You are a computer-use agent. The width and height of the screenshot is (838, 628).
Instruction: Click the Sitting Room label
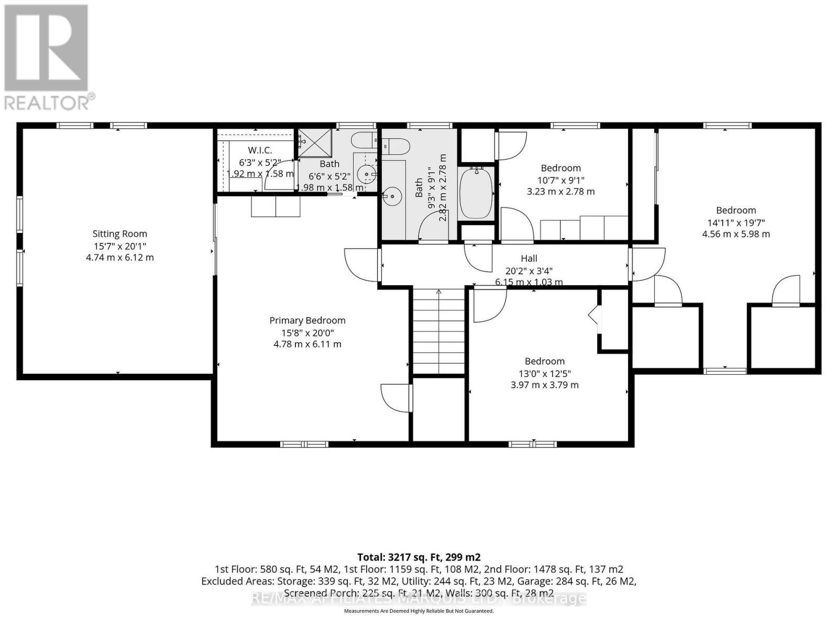point(119,234)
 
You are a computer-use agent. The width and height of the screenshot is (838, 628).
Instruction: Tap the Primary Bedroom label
point(307,320)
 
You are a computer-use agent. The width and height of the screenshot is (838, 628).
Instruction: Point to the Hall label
point(529,258)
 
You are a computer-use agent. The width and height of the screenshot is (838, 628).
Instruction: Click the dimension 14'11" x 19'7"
point(736,222)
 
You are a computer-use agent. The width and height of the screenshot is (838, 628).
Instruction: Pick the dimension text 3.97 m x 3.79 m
point(545,385)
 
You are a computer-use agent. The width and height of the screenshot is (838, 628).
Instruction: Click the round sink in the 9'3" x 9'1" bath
point(391,197)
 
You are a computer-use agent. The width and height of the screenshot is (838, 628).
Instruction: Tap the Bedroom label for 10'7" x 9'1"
point(560,168)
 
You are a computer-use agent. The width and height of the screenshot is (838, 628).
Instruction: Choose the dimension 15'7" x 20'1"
point(119,246)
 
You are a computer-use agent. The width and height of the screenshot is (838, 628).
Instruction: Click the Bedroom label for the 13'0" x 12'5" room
point(545,361)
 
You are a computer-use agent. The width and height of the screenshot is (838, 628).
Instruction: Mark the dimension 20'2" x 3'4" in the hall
point(529,271)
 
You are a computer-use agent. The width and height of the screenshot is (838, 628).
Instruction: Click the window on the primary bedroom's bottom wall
point(304,444)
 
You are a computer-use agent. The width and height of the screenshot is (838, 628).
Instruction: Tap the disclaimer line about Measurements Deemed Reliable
point(418,611)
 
